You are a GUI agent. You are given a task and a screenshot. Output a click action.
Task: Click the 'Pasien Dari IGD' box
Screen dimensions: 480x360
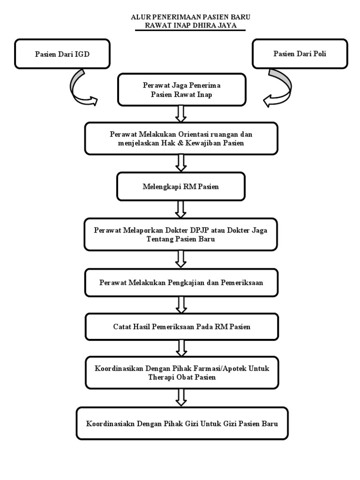pos(63,53)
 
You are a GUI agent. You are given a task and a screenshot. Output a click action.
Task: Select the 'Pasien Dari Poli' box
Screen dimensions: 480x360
pos(300,53)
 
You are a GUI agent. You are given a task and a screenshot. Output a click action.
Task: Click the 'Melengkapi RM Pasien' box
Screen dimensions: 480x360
pos(181,187)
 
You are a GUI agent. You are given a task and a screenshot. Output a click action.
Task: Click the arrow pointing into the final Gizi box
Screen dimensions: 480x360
pos(181,397)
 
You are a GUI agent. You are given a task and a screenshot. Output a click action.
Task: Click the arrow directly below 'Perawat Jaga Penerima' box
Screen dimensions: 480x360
pos(181,113)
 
